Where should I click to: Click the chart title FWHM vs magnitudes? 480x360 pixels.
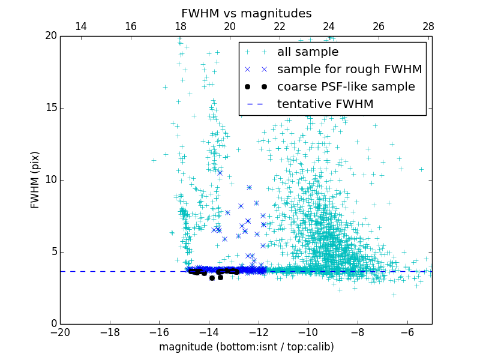point(246,13)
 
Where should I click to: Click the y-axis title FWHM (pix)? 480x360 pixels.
point(35,180)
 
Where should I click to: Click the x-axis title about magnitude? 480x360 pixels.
point(246,347)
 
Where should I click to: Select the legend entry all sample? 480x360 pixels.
point(308,52)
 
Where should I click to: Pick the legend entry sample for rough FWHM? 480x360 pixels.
point(349,69)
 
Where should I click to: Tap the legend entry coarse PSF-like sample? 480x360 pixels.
point(346,86)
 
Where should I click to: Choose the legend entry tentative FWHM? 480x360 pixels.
point(325,104)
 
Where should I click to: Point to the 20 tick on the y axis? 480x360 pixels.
point(50,36)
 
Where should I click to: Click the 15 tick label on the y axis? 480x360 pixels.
point(50,108)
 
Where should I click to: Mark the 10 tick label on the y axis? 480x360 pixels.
point(50,180)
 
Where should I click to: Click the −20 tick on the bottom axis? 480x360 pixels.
point(60,332)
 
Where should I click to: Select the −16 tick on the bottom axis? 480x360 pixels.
point(159,332)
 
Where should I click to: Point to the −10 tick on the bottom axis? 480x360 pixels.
point(308,332)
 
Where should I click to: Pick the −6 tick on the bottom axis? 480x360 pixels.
point(407,332)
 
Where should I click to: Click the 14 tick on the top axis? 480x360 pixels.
point(81,26)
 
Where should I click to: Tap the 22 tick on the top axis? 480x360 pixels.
point(279,26)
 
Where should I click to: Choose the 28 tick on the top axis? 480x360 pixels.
point(428,26)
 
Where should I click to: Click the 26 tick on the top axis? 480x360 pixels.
point(378,26)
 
